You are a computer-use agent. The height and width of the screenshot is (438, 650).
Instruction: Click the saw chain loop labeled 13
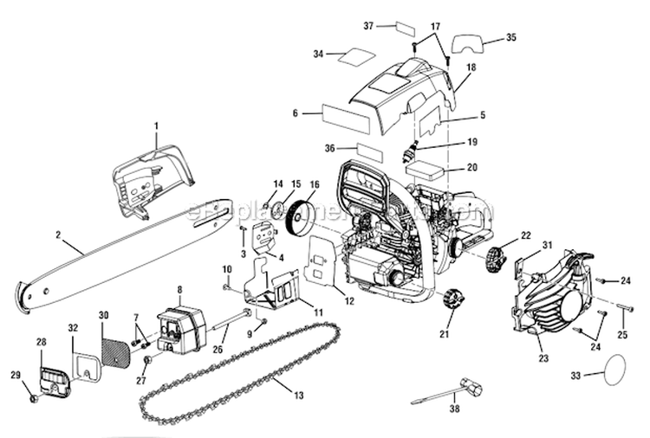[x=234, y=364]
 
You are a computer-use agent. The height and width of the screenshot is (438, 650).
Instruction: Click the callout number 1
[x=157, y=126]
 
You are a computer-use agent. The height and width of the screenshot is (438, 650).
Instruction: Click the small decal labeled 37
[x=403, y=27]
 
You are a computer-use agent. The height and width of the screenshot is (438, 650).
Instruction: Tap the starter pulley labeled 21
[x=452, y=301]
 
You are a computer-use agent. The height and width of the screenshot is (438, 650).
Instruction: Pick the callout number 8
[x=179, y=290]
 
